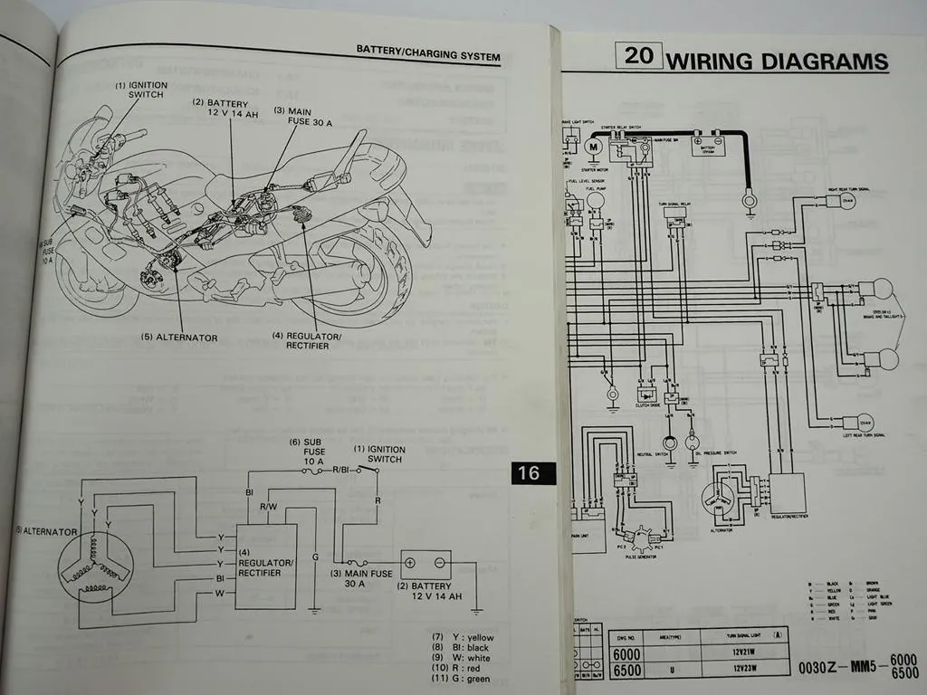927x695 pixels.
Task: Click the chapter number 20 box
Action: [x=638, y=55]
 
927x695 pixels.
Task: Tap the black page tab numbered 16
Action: [x=528, y=472]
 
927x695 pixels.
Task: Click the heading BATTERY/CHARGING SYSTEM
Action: [x=427, y=56]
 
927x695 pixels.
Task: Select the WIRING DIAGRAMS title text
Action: [x=777, y=62]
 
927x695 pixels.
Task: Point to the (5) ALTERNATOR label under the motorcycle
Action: [x=178, y=338]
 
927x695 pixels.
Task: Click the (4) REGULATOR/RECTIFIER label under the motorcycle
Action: [x=307, y=340]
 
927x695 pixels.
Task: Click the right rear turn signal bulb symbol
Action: [x=848, y=200]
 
